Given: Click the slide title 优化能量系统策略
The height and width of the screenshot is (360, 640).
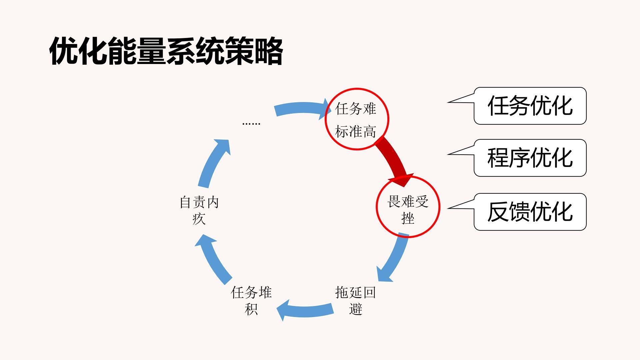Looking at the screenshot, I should coord(166,51).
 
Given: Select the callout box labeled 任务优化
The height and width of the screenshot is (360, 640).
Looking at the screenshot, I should coord(530,106).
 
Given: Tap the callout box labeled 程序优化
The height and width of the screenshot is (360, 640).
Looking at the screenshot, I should coord(530,158).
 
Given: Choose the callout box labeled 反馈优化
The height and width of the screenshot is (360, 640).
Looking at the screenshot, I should coord(530,212).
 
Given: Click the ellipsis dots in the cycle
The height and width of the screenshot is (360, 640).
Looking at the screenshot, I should coord(251,123).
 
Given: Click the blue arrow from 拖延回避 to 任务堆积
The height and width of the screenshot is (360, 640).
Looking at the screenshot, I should coord(305,310).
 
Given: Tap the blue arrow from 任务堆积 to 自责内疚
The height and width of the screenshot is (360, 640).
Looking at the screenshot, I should coord(214,258).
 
